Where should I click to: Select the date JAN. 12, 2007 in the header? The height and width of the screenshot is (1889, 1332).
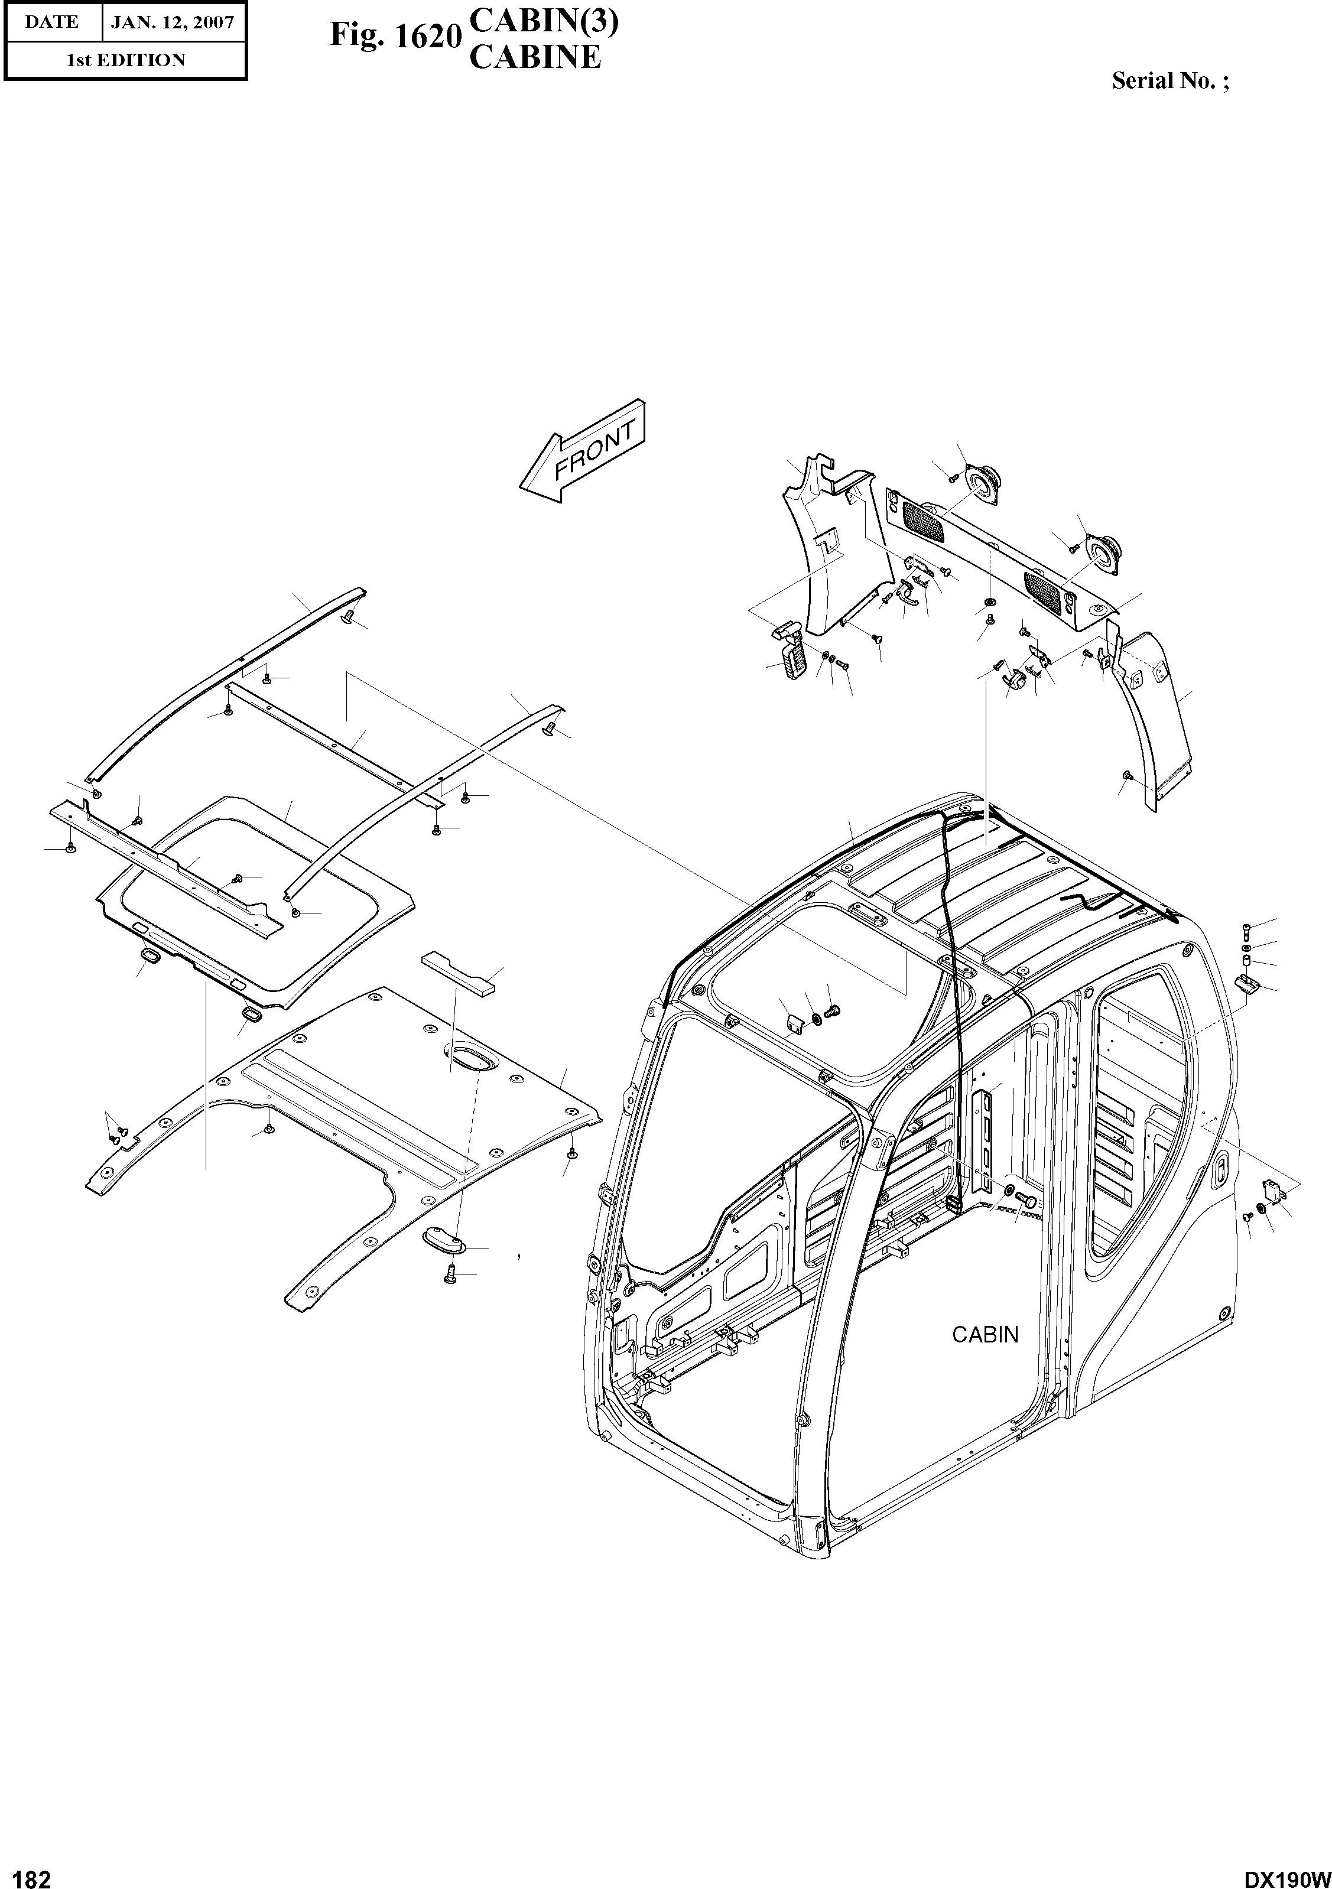click(172, 22)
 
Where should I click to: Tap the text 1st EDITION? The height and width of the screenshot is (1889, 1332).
click(125, 60)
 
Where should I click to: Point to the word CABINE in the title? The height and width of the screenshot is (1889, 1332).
click(535, 57)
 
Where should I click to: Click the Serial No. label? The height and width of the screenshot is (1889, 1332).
click(1169, 80)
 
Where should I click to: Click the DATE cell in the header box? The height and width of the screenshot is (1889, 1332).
click(52, 22)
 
